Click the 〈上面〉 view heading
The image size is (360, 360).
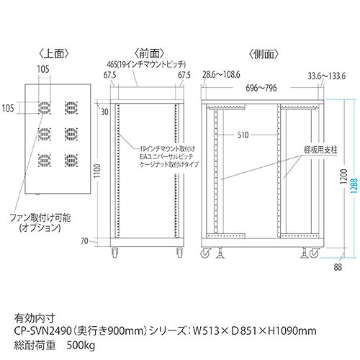coord(54,54)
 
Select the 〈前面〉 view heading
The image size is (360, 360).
coord(149,54)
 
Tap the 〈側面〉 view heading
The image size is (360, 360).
coord(264,55)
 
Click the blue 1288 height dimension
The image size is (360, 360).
coord(354,185)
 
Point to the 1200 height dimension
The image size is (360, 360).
coord(343,176)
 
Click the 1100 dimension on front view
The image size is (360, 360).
coord(97,171)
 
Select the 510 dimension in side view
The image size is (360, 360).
coord(243,135)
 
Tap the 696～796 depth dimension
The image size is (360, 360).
coord(261,88)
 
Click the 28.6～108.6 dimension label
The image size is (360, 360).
coord(221,74)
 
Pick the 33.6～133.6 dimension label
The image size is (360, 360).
coord(327,76)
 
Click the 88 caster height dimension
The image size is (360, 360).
coord(338,267)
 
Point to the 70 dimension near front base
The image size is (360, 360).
coord(84,240)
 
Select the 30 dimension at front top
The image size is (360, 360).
coord(104,112)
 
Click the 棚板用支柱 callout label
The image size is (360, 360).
coord(320,150)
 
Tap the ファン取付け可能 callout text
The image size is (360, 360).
coord(40,217)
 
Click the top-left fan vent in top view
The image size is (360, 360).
coord(45,108)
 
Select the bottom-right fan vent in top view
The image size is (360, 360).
coord(71,161)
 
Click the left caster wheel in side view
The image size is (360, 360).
coord(206,253)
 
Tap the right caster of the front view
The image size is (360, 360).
coord(179,252)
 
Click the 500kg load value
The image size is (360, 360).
coord(81,346)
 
